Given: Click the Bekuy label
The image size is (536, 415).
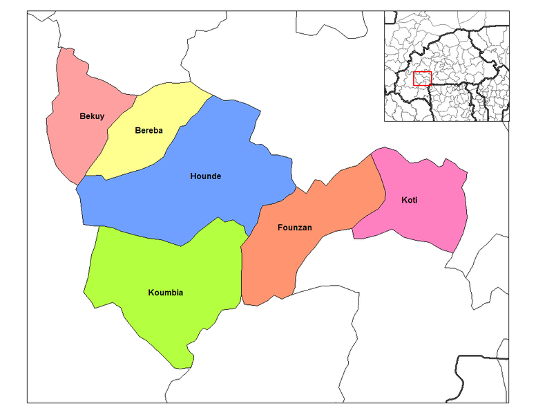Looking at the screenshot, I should [92, 116].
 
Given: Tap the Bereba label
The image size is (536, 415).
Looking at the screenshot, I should [149, 130].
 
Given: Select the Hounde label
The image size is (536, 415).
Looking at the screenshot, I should [205, 176].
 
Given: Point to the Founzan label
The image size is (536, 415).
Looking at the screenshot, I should [294, 227].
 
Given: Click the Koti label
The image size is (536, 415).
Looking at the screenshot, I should [410, 201].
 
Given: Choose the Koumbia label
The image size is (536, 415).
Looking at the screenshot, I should [166, 293].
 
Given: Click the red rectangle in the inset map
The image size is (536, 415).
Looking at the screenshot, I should [422, 78].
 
